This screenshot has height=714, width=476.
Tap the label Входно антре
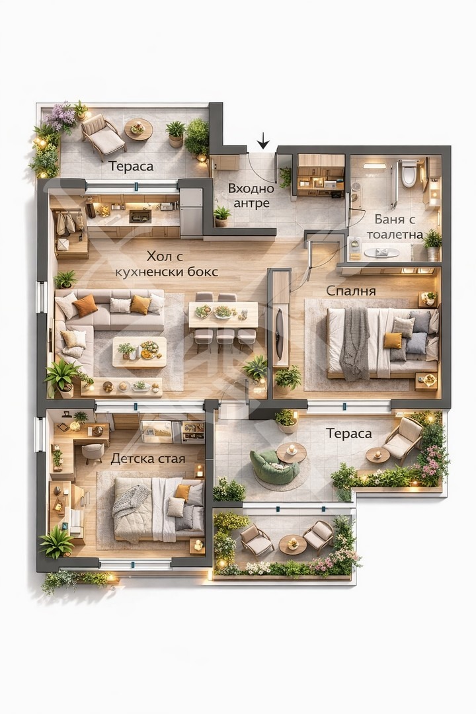pyautogui.click(x=251, y=196)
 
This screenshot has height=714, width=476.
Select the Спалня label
pyautogui.click(x=351, y=291)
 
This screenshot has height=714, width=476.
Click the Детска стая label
pyautogui.click(x=148, y=459)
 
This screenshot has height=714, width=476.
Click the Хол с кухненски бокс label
pyautogui.click(x=166, y=264)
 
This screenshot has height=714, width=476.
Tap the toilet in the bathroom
pyautogui.click(x=409, y=173)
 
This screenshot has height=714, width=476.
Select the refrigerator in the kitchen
pyautogui.click(x=191, y=212)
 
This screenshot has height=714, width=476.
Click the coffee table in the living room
pyautogui.click(x=139, y=352)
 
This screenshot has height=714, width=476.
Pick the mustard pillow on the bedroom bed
pyautogui.click(x=393, y=340)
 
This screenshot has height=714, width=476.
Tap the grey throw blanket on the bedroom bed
pyautogui.click(x=355, y=343)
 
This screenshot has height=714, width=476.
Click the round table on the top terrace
pyautogui.click(x=138, y=130)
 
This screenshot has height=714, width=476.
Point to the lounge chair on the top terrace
pyautogui.click(x=102, y=136)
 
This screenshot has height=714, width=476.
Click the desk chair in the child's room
pyautogui.click(x=93, y=453)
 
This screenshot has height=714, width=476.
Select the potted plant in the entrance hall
pyautogui.click(x=222, y=216)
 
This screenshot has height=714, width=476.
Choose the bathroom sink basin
pyautogui.click(x=381, y=253)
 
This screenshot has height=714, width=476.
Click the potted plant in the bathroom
pyautogui.click(x=433, y=245)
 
